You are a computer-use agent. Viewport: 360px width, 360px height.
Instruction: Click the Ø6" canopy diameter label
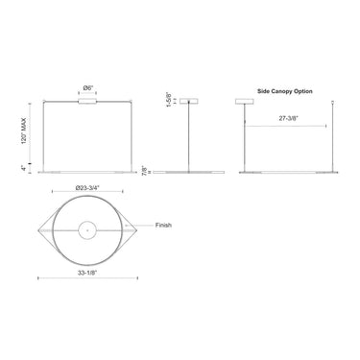[x=88, y=87]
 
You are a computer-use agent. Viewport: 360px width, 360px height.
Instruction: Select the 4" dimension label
[x=23, y=168]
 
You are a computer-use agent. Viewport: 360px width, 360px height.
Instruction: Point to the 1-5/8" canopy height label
[x=168, y=99]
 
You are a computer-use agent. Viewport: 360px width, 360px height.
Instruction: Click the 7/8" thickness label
[x=145, y=170]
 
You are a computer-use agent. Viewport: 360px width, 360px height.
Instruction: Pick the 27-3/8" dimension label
[x=288, y=118]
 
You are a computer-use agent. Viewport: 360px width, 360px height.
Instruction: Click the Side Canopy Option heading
[x=285, y=91]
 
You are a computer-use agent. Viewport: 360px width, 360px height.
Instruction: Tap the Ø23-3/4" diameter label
[x=87, y=188]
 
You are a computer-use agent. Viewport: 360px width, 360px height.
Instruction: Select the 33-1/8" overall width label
[x=87, y=273]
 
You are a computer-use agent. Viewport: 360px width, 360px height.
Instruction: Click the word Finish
[x=163, y=225]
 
